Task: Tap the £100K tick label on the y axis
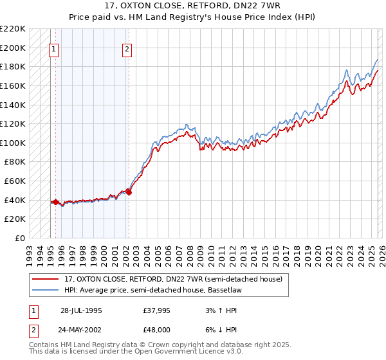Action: [x=14, y=143]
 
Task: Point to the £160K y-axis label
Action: [x=14, y=85]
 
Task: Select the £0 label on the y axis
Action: [x=19, y=238]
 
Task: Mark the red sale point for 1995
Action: [x=56, y=202]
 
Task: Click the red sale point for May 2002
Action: [x=129, y=192]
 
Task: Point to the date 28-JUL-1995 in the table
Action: [x=80, y=310]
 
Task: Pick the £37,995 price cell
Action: [x=156, y=310]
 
